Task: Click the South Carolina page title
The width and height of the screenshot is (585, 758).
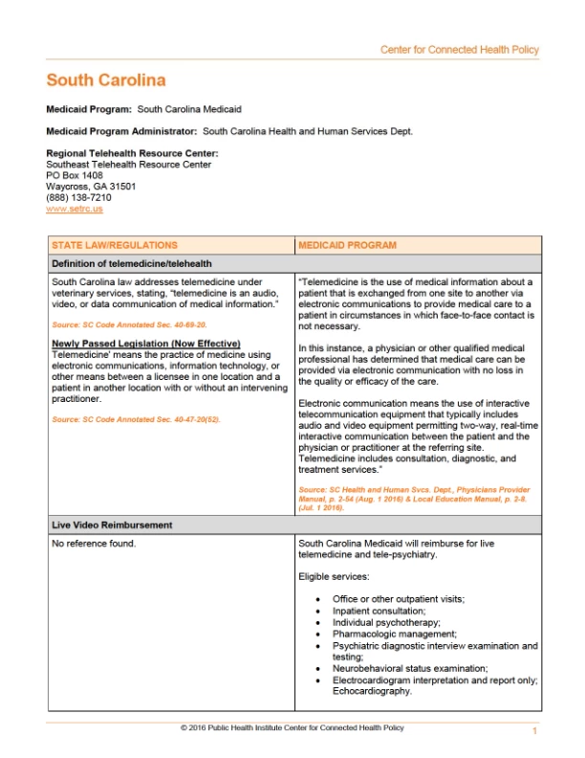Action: [106, 80]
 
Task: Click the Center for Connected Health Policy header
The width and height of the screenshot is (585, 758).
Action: [459, 50]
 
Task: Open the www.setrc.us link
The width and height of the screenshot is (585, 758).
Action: [75, 208]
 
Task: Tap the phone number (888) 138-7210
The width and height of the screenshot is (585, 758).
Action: [79, 197]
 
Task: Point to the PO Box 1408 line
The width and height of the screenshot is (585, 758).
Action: [75, 175]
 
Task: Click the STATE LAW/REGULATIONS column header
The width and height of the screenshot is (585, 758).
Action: [115, 245]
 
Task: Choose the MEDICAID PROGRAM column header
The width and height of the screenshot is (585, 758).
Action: [347, 245]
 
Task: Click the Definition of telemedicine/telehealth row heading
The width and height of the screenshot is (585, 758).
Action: [132, 263]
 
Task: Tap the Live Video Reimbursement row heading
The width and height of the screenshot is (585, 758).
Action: [112, 525]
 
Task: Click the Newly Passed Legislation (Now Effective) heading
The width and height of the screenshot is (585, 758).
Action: [145, 344]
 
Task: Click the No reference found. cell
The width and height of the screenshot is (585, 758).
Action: [94, 544]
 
